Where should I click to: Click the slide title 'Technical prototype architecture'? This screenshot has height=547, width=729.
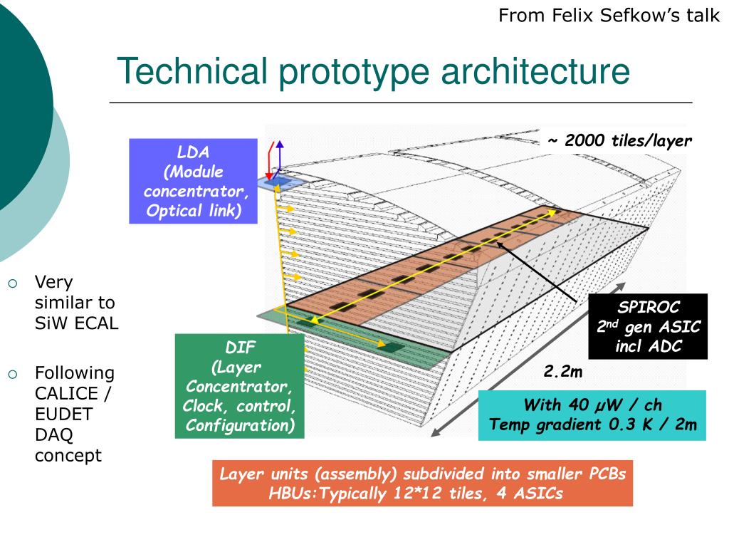point(373,72)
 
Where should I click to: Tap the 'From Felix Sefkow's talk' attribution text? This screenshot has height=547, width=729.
point(609,16)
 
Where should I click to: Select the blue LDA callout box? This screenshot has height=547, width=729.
point(193,181)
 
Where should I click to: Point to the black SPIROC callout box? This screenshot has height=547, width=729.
point(649,326)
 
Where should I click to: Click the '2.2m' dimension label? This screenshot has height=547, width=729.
point(563,372)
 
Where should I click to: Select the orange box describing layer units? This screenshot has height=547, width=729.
point(422,484)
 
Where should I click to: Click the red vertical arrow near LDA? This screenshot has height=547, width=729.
point(269,162)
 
